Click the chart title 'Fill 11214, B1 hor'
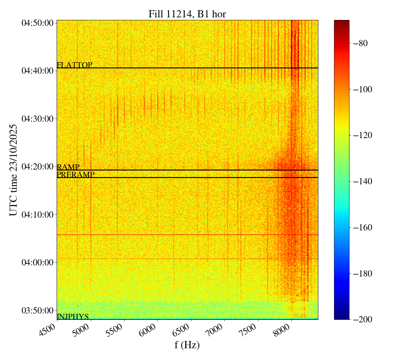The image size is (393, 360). [187, 14]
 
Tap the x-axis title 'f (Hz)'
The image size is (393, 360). [187, 345]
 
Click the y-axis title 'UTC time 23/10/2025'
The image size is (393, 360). [13, 170]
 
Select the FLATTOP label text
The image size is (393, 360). [74, 65]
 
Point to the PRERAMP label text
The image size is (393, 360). [76, 175]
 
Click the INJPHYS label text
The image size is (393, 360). [73, 316]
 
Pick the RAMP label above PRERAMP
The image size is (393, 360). [68, 167]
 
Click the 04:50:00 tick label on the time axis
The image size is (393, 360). [37, 23]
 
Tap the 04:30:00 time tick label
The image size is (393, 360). [37, 118]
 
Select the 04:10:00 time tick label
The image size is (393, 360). [37, 214]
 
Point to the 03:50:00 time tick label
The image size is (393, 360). [37, 310]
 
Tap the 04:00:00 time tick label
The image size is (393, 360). [37, 262]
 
